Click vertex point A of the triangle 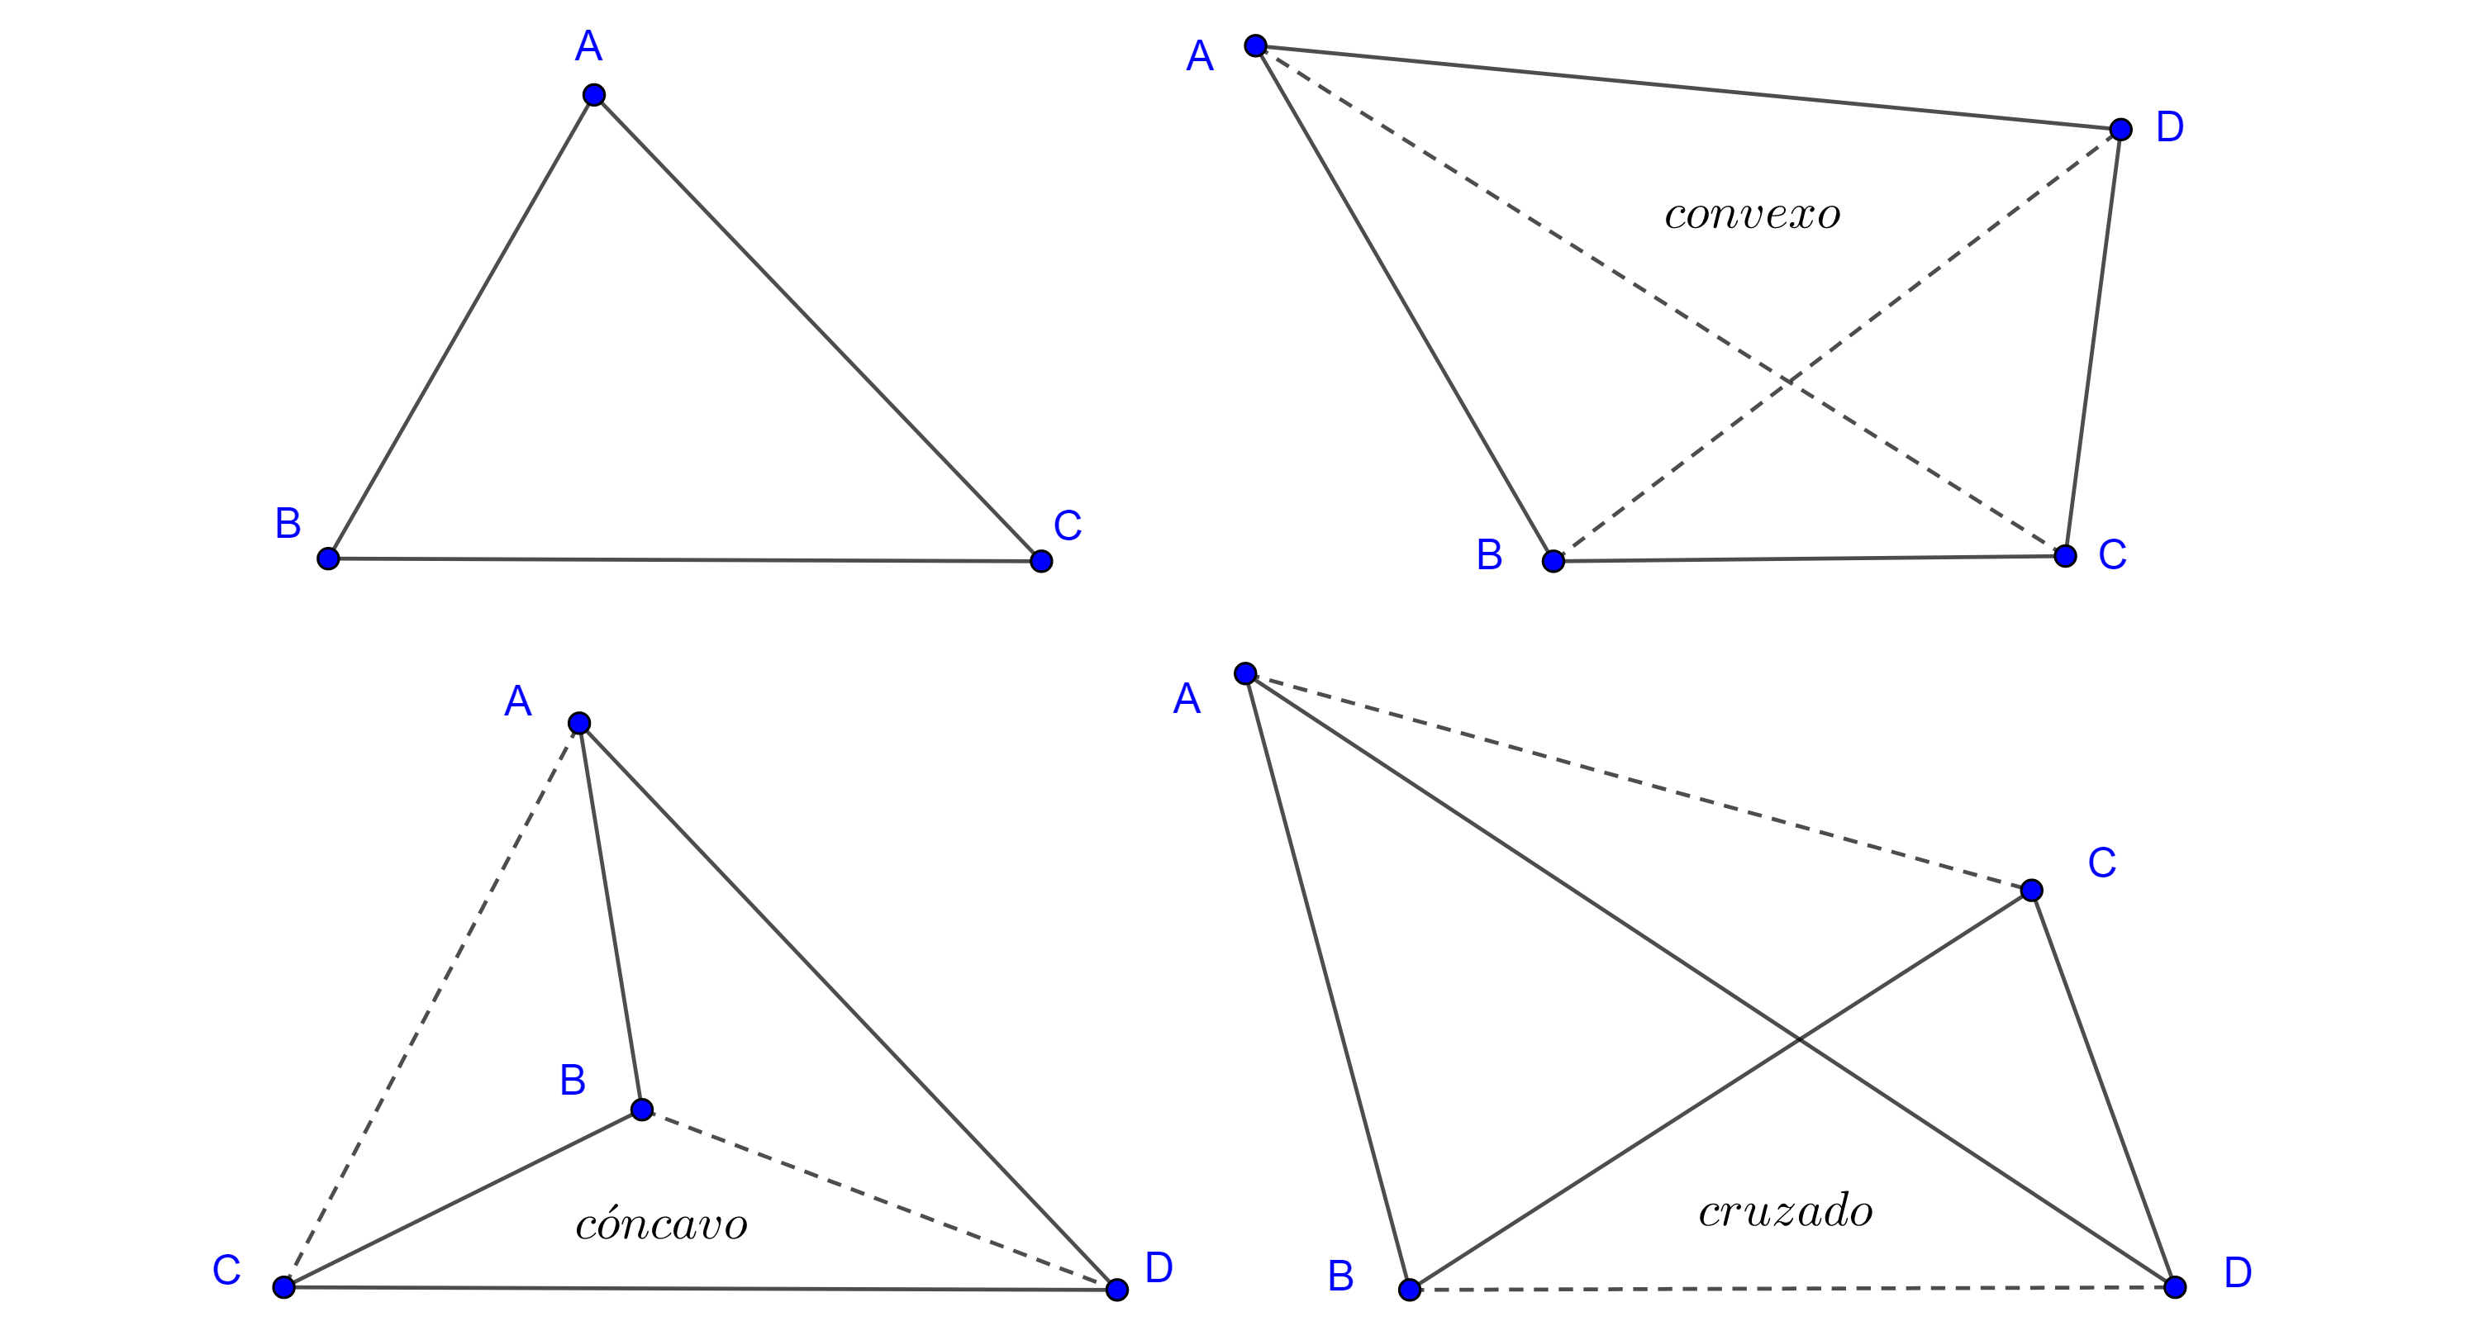coord(594,94)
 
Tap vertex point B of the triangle coord(328,558)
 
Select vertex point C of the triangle coord(1040,561)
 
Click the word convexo coord(1752,215)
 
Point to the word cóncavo coord(661,1224)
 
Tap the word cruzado coord(1785,1210)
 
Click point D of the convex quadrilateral coord(2120,129)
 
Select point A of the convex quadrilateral coord(1255,45)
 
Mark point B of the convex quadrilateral coord(1554,561)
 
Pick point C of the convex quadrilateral coord(2065,555)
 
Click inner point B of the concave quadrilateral coord(642,1110)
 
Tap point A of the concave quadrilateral coord(578,723)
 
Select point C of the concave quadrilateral coord(283,1286)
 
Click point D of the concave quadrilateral coord(1116,1290)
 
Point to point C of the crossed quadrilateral coord(2031,890)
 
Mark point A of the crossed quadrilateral coord(1245,673)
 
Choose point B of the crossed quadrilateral coord(1410,1290)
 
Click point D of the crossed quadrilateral coord(2175,1286)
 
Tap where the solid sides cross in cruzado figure coord(1799,1039)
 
